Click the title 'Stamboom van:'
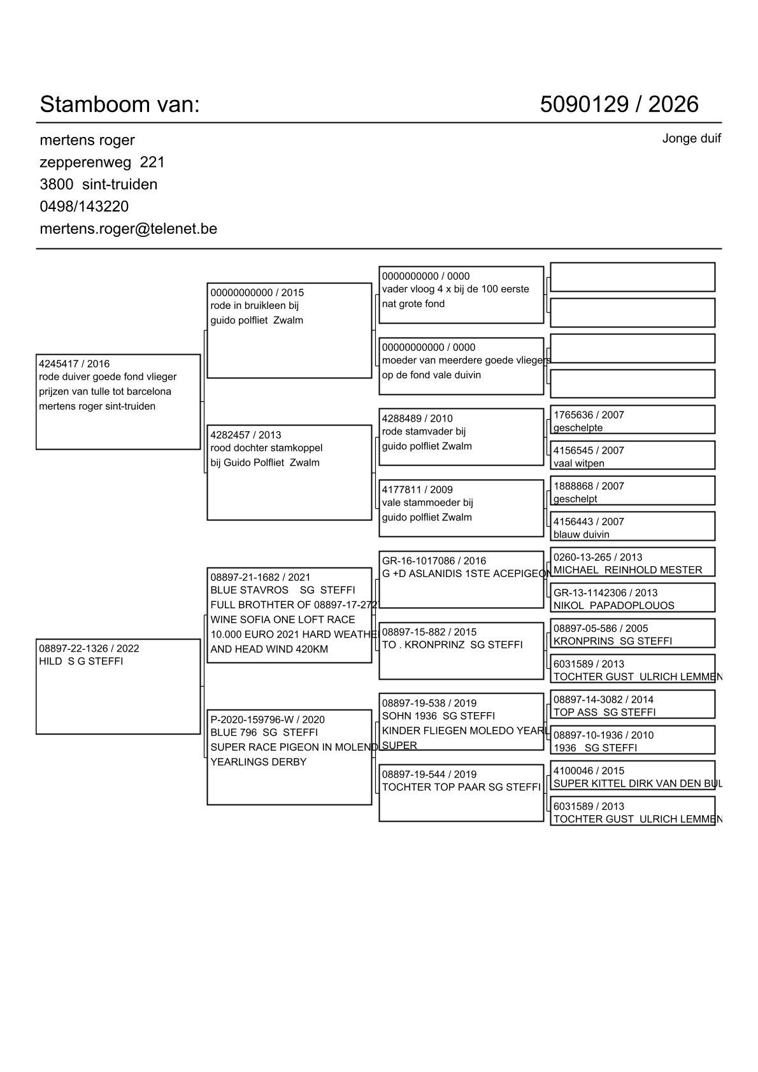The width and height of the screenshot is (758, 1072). click(x=120, y=104)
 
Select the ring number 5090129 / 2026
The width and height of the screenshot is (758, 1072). click(x=619, y=104)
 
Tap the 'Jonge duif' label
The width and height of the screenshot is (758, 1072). click(x=691, y=138)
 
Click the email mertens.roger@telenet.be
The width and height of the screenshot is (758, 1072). click(x=128, y=229)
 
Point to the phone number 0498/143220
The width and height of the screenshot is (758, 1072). click(x=84, y=206)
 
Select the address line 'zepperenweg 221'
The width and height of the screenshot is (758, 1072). click(x=102, y=162)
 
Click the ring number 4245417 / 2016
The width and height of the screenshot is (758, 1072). click(x=74, y=364)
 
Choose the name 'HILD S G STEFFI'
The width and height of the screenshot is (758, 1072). click(x=81, y=661)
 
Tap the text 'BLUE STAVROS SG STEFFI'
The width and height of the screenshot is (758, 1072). click(x=282, y=590)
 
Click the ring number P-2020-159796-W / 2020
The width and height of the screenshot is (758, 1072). click(x=267, y=719)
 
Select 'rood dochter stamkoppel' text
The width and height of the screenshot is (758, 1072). click(x=266, y=448)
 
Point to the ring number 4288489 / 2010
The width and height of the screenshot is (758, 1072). click(x=417, y=418)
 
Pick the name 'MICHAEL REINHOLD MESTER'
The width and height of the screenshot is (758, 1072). click(x=627, y=570)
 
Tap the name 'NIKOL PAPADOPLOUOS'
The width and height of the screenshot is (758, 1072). click(x=613, y=605)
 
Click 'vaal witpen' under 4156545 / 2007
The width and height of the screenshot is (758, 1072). click(x=578, y=463)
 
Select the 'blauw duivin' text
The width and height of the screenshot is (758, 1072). click(x=581, y=534)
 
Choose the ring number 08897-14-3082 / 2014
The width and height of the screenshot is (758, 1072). click(x=603, y=699)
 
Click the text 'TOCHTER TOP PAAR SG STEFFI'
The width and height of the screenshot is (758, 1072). click(x=461, y=787)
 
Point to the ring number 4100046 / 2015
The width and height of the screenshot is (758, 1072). click(x=589, y=771)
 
